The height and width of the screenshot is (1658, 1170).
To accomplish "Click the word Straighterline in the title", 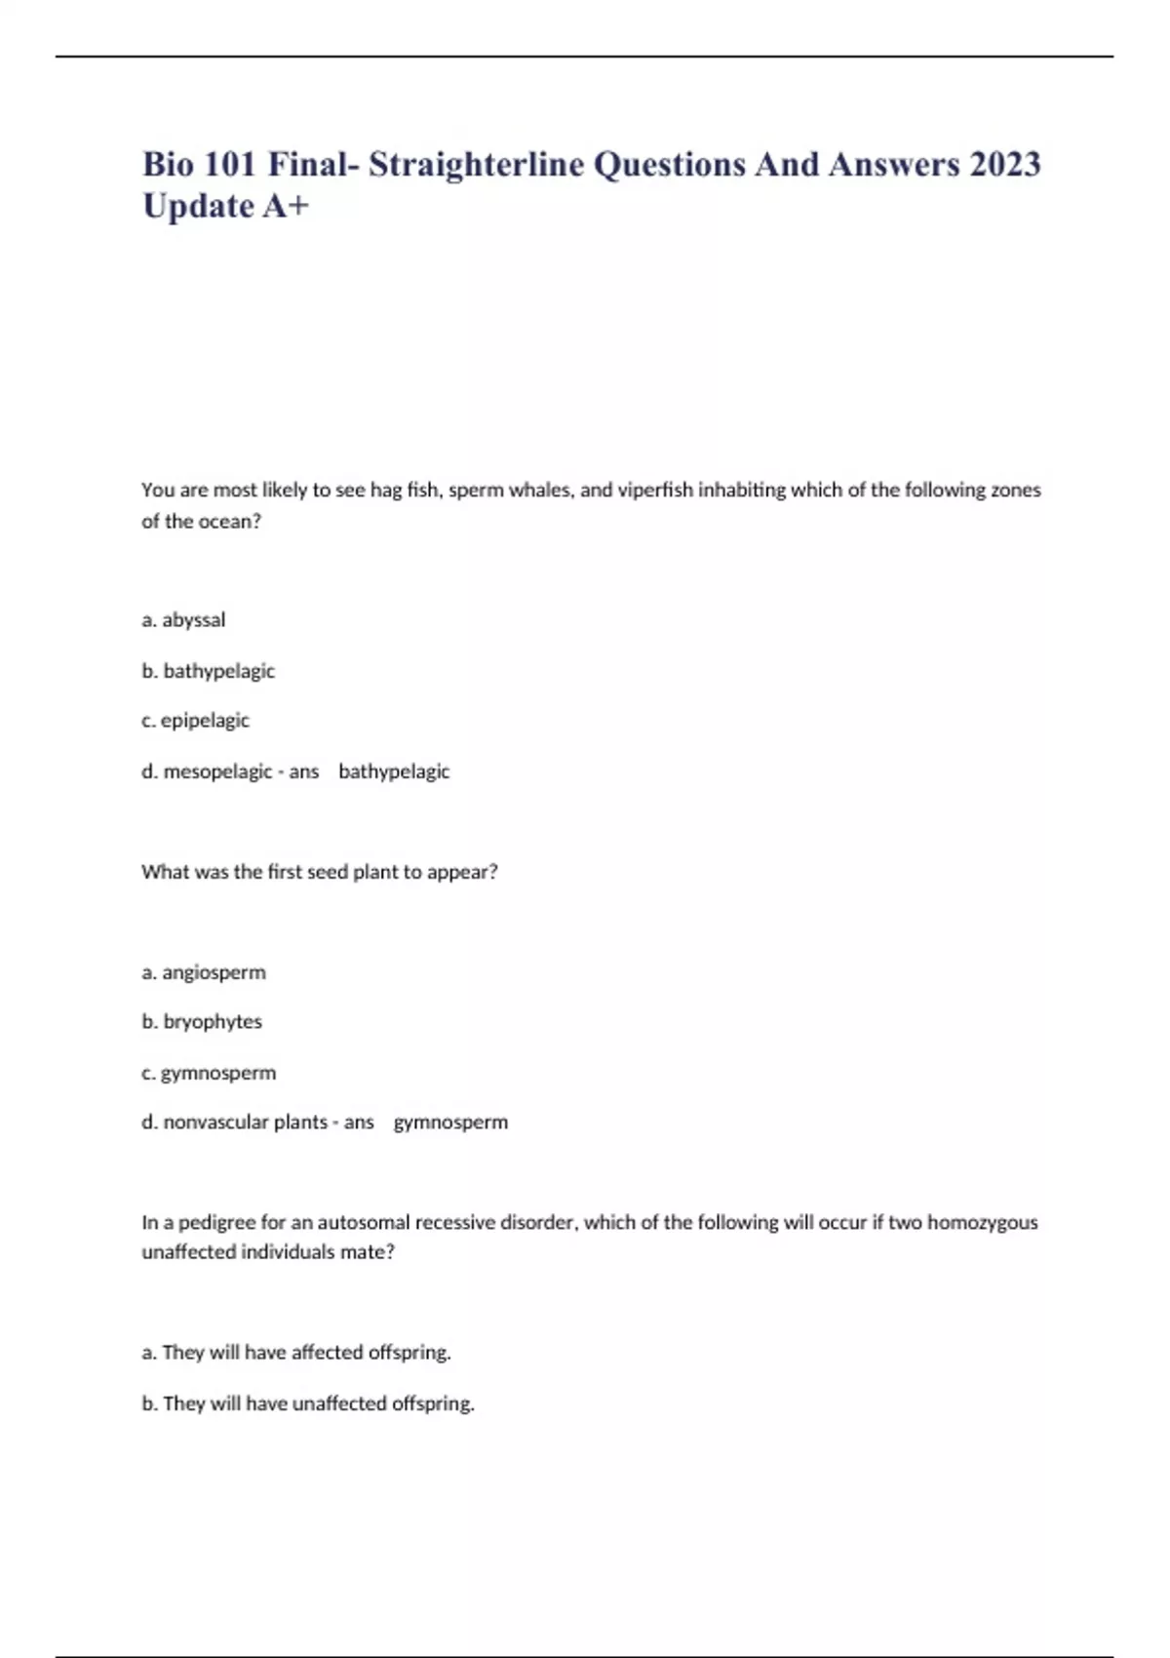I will tap(476, 164).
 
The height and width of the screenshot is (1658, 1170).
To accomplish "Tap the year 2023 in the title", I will tap(1004, 164).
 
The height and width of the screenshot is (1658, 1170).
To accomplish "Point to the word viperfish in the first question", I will tap(655, 490).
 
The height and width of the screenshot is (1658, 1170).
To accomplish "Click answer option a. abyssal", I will tap(183, 620).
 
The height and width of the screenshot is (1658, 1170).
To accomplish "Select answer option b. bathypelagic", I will tap(208, 671).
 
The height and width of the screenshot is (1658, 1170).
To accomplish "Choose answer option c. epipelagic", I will tap(195, 721).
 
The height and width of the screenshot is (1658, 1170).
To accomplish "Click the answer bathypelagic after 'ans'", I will tap(394, 771).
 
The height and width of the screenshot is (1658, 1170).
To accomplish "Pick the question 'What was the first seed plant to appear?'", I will tap(319, 872).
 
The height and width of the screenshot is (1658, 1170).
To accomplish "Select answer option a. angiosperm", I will tap(203, 972).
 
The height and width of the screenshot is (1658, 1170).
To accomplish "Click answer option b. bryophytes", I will tap(202, 1022).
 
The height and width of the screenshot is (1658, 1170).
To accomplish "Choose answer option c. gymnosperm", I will tap(209, 1073).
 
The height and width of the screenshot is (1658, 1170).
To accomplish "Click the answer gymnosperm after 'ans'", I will tap(450, 1123).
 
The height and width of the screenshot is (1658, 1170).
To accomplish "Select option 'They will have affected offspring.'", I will tap(296, 1353).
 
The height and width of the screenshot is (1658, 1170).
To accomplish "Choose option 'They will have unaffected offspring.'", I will tap(308, 1403).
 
